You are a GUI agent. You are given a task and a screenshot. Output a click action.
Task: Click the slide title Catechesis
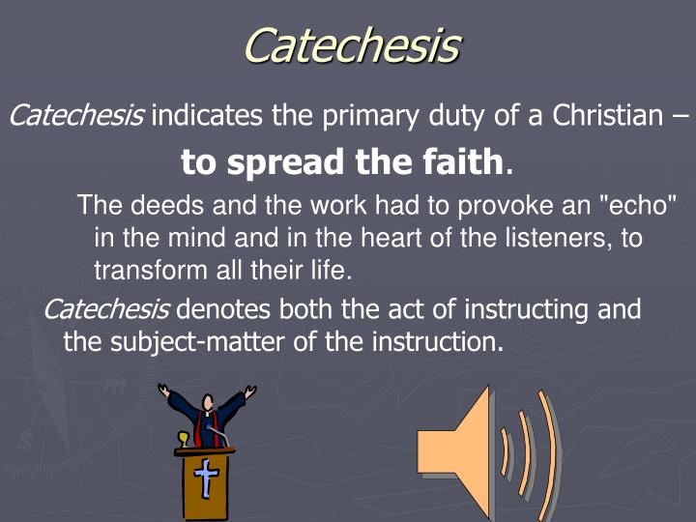[x=351, y=44]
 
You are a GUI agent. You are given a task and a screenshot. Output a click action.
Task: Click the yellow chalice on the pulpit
[x=182, y=442]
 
